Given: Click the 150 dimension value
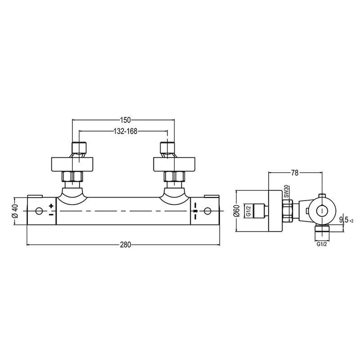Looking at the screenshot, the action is (x=126, y=120).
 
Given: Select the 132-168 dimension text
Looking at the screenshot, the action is (x=126, y=131).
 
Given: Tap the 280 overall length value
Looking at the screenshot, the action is (x=126, y=245).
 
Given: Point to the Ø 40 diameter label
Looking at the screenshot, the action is (x=15, y=211).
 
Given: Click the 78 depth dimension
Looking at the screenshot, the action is (x=295, y=173).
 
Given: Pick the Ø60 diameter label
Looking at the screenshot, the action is (x=237, y=211).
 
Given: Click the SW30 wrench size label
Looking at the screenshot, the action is (x=286, y=192).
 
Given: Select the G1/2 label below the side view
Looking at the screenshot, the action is (x=322, y=244).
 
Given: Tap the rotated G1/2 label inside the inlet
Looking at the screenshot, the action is (x=248, y=211).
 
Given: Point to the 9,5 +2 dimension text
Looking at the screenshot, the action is (x=346, y=220).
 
